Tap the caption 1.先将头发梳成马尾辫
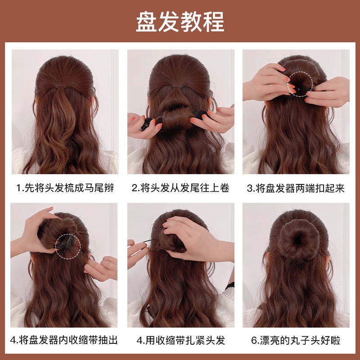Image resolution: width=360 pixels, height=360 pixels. pyautogui.click(x=65, y=188)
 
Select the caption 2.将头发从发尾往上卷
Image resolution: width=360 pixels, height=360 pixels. pyautogui.click(x=180, y=188)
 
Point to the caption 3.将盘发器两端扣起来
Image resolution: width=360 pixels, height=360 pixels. pyautogui.click(x=296, y=188)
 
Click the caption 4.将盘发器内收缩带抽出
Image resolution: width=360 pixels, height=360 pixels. pyautogui.click(x=65, y=340)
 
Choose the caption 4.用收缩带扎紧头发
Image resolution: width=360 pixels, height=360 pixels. pyautogui.click(x=180, y=340)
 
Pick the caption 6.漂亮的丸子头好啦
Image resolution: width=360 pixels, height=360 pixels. pyautogui.click(x=296, y=340)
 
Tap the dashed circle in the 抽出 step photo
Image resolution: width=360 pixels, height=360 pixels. pyautogui.click(x=68, y=246)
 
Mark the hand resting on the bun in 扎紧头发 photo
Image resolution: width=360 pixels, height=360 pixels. pyautogui.click(x=189, y=234)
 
